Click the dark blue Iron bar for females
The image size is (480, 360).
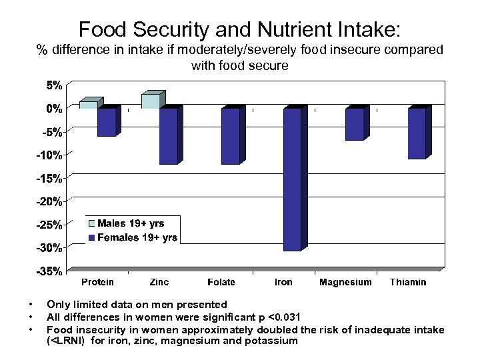point(292,179)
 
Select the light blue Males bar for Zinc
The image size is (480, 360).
point(150,101)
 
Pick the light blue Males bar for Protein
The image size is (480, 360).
point(88,104)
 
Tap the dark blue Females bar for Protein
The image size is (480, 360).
point(106,122)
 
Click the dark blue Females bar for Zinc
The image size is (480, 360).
point(168,136)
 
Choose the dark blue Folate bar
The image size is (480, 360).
point(230,136)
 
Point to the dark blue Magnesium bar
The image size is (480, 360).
point(354,124)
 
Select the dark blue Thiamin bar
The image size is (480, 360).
point(417,133)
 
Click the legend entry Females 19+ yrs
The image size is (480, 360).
point(137,237)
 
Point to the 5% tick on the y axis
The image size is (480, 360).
point(54,85)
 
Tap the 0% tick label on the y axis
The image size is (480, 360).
point(54,108)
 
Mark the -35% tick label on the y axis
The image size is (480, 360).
point(50,271)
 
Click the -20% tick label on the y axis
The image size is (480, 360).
point(50,201)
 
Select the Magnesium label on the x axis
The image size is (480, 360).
point(345,282)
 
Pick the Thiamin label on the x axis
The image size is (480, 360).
point(407,282)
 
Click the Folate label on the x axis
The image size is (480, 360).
point(221,282)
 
